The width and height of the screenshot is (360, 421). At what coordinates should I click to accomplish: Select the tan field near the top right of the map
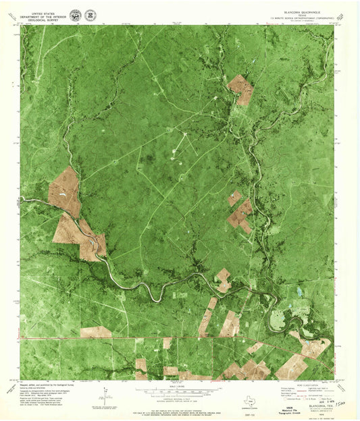click(x=240, y=88)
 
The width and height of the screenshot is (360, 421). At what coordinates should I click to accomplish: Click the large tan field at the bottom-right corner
click(x=290, y=366)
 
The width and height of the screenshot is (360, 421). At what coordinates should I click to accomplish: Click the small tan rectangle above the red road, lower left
click(x=96, y=332)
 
